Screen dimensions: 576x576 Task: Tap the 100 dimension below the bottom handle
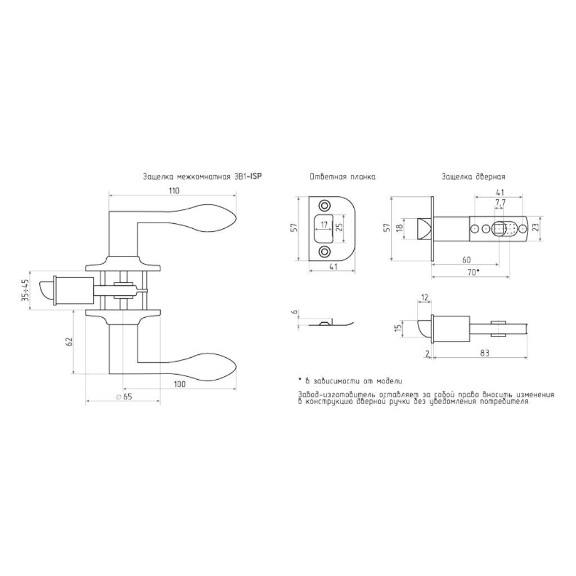click(x=179, y=384)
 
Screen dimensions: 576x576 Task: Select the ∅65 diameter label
click(x=123, y=397)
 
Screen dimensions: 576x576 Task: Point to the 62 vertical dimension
click(x=70, y=341)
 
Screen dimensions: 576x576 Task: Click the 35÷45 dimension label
click(x=25, y=290)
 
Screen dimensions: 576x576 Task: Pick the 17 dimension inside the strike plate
click(x=324, y=225)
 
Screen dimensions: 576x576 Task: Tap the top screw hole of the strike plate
click(x=324, y=205)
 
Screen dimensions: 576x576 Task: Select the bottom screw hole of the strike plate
click(x=324, y=251)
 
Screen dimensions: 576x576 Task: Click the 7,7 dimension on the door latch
click(x=500, y=202)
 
